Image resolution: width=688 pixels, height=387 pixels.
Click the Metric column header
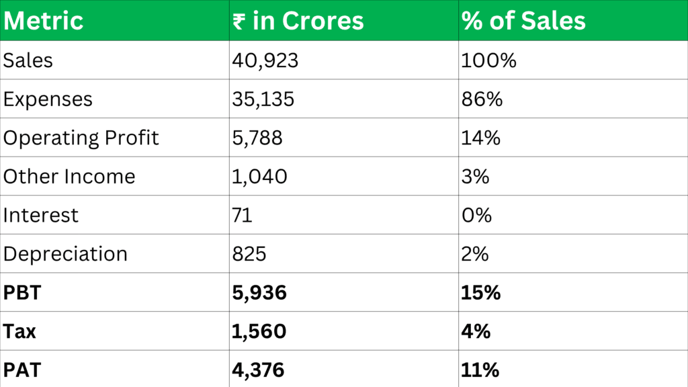(44, 21)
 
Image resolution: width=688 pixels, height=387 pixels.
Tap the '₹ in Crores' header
(298, 21)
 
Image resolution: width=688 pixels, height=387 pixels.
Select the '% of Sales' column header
(523, 21)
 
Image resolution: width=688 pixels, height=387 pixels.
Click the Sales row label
(28, 60)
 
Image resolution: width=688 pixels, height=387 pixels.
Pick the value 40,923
(265, 60)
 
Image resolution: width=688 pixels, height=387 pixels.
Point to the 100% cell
(488, 60)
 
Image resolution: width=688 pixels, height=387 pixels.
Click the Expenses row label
(48, 99)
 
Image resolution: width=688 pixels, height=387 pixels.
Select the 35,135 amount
(263, 99)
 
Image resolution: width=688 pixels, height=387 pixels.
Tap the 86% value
(482, 99)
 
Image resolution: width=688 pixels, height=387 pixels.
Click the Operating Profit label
(81, 138)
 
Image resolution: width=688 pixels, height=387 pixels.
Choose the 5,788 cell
(257, 138)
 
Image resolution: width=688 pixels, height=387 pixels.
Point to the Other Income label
(69, 177)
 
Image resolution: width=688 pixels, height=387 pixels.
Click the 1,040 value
(259, 177)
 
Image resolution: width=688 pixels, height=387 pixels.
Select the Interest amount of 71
(242, 215)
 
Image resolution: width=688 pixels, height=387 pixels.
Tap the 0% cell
(476, 215)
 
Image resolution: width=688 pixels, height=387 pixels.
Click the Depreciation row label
(65, 254)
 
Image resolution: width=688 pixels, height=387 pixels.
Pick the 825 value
(249, 254)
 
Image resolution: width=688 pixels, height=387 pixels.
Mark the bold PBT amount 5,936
(259, 293)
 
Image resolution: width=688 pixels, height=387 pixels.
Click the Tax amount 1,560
(259, 331)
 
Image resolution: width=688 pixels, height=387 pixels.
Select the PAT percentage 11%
(480, 370)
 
